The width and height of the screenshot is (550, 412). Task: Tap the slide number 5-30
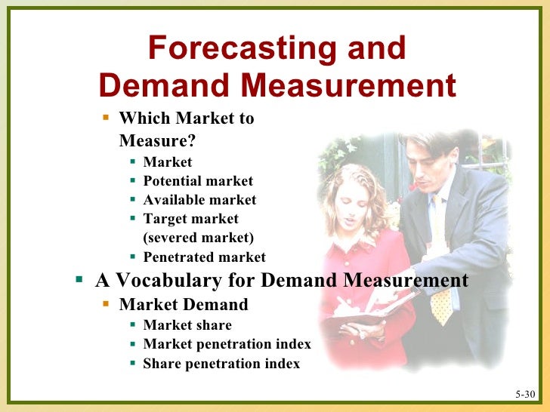(x=525, y=395)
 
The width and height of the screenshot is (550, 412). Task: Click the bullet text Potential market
(x=198, y=181)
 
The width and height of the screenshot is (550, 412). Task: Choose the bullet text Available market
(x=199, y=200)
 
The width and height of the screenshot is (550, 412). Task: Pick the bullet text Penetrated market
(x=204, y=257)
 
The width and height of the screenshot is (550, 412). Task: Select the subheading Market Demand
(x=184, y=305)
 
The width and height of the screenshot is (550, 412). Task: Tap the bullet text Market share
(x=187, y=325)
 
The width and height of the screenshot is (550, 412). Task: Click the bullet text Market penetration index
(x=227, y=344)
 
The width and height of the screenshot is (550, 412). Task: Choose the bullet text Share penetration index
(x=221, y=364)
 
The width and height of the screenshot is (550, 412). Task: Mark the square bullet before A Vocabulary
(x=79, y=280)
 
